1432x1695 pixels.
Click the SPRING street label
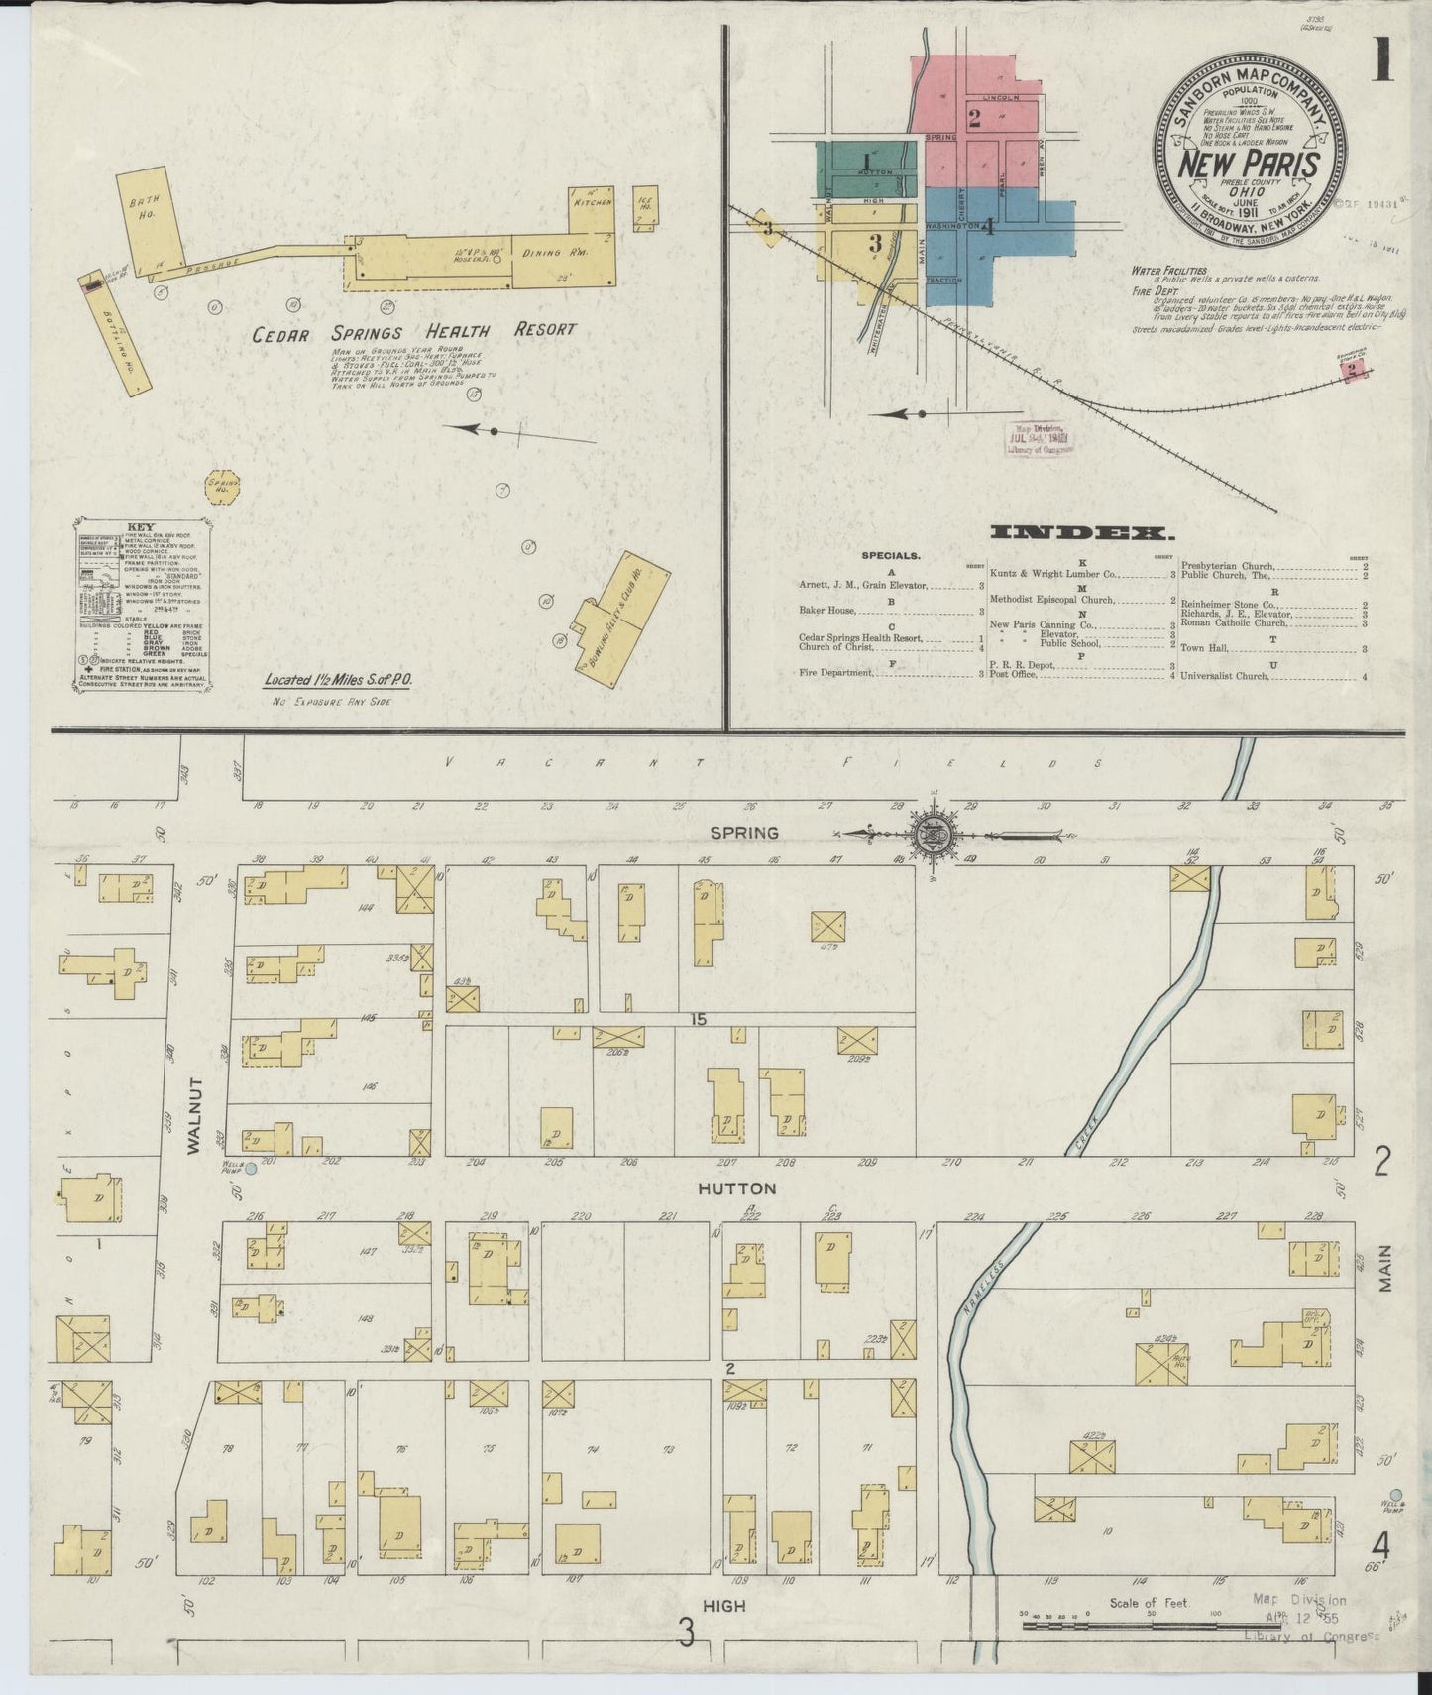pyautogui.click(x=743, y=833)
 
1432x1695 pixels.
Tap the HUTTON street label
pyautogui.click(x=736, y=1187)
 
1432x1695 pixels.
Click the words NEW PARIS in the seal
pyautogui.click(x=1249, y=164)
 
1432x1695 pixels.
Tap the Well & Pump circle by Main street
pyautogui.click(x=1395, y=1494)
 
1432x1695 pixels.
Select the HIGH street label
pyautogui.click(x=725, y=1605)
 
